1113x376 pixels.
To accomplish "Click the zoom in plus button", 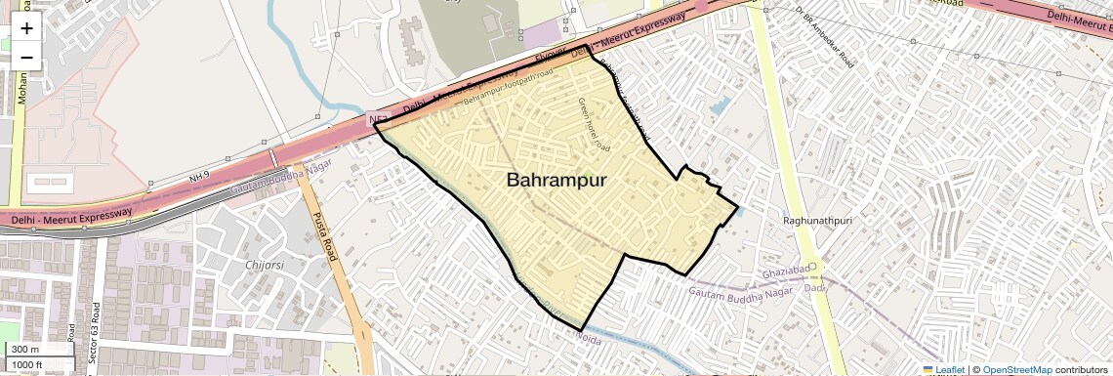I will coord(26,28).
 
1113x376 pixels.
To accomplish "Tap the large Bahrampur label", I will coord(556,181).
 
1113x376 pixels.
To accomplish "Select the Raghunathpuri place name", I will coord(818,221).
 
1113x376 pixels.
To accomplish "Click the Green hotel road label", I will coord(594,124).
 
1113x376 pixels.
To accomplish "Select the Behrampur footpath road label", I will coord(507,86).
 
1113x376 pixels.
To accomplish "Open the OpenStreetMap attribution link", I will coord(1016,369).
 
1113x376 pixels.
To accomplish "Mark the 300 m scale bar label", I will coord(26,350).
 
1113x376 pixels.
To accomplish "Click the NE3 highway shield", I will coord(379,120).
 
